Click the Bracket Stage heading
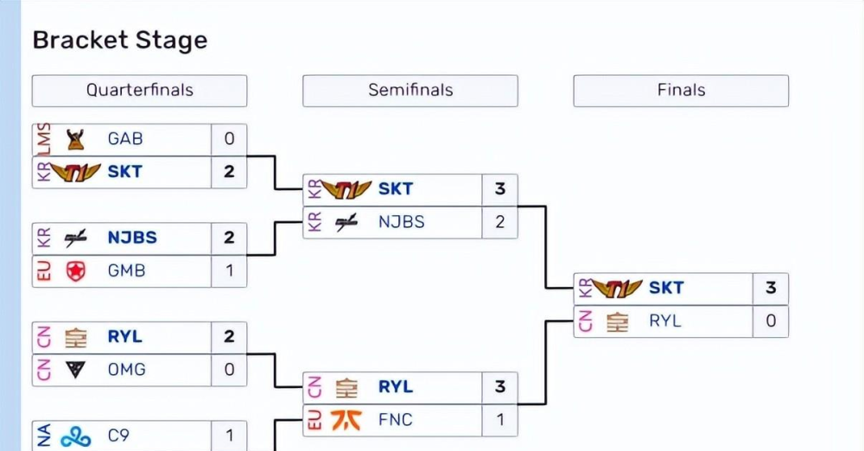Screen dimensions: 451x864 point(119,41)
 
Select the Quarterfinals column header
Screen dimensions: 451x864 point(139,90)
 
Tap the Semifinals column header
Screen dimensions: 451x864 point(410,90)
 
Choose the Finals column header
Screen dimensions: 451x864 point(681,90)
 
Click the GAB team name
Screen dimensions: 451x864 point(125,139)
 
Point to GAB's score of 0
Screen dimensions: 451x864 point(229,139)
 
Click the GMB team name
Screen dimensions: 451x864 point(126,270)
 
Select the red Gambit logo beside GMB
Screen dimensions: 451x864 point(75,271)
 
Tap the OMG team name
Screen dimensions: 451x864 point(126,370)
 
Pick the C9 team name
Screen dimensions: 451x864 point(119,436)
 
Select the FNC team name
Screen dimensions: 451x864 point(396,420)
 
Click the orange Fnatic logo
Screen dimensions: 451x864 point(346,421)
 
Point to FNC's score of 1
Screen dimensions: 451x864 point(500,420)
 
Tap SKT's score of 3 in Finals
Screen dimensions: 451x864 point(771,288)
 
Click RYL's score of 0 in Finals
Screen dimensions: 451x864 point(771,321)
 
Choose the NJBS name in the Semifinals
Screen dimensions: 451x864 point(402,222)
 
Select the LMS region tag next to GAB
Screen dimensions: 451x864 point(43,138)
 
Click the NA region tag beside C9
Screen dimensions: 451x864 point(43,436)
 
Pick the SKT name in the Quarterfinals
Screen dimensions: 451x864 point(124,172)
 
